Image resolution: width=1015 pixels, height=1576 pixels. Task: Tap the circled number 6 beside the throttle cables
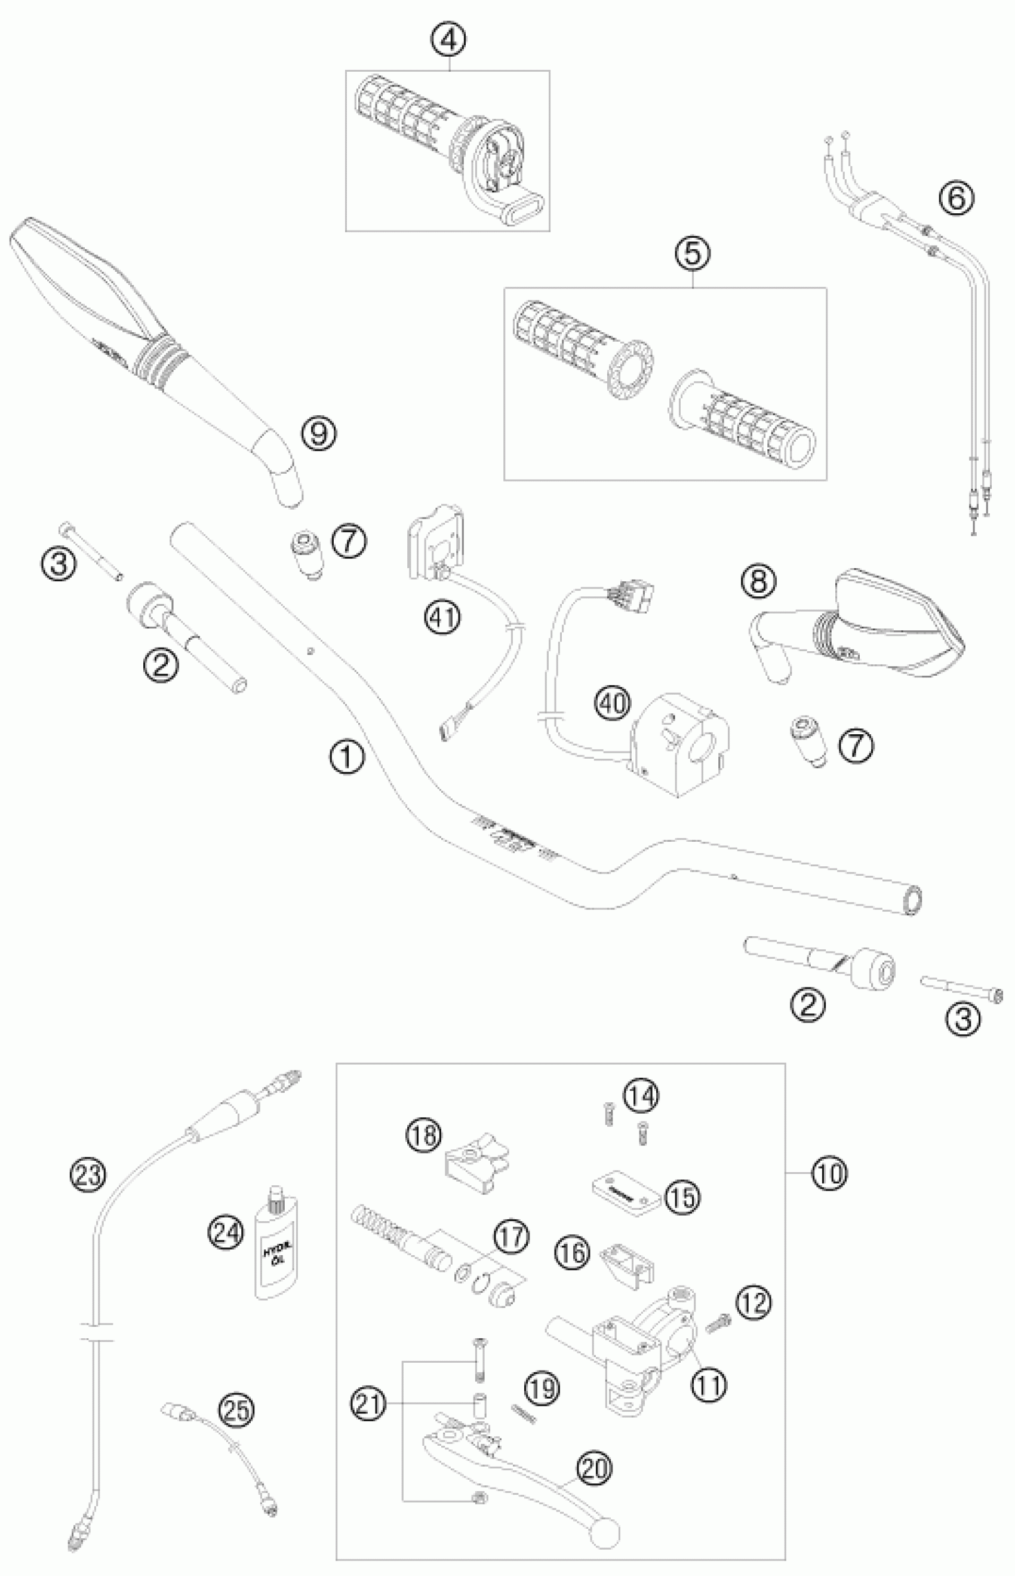(x=956, y=198)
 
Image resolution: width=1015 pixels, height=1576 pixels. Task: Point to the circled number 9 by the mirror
(x=319, y=434)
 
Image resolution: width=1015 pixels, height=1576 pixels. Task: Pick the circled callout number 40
(x=613, y=704)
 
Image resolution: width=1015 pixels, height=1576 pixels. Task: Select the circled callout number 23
(x=88, y=1174)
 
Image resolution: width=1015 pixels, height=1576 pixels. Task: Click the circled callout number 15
(x=683, y=1197)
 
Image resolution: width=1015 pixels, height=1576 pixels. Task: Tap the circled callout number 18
(x=423, y=1136)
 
